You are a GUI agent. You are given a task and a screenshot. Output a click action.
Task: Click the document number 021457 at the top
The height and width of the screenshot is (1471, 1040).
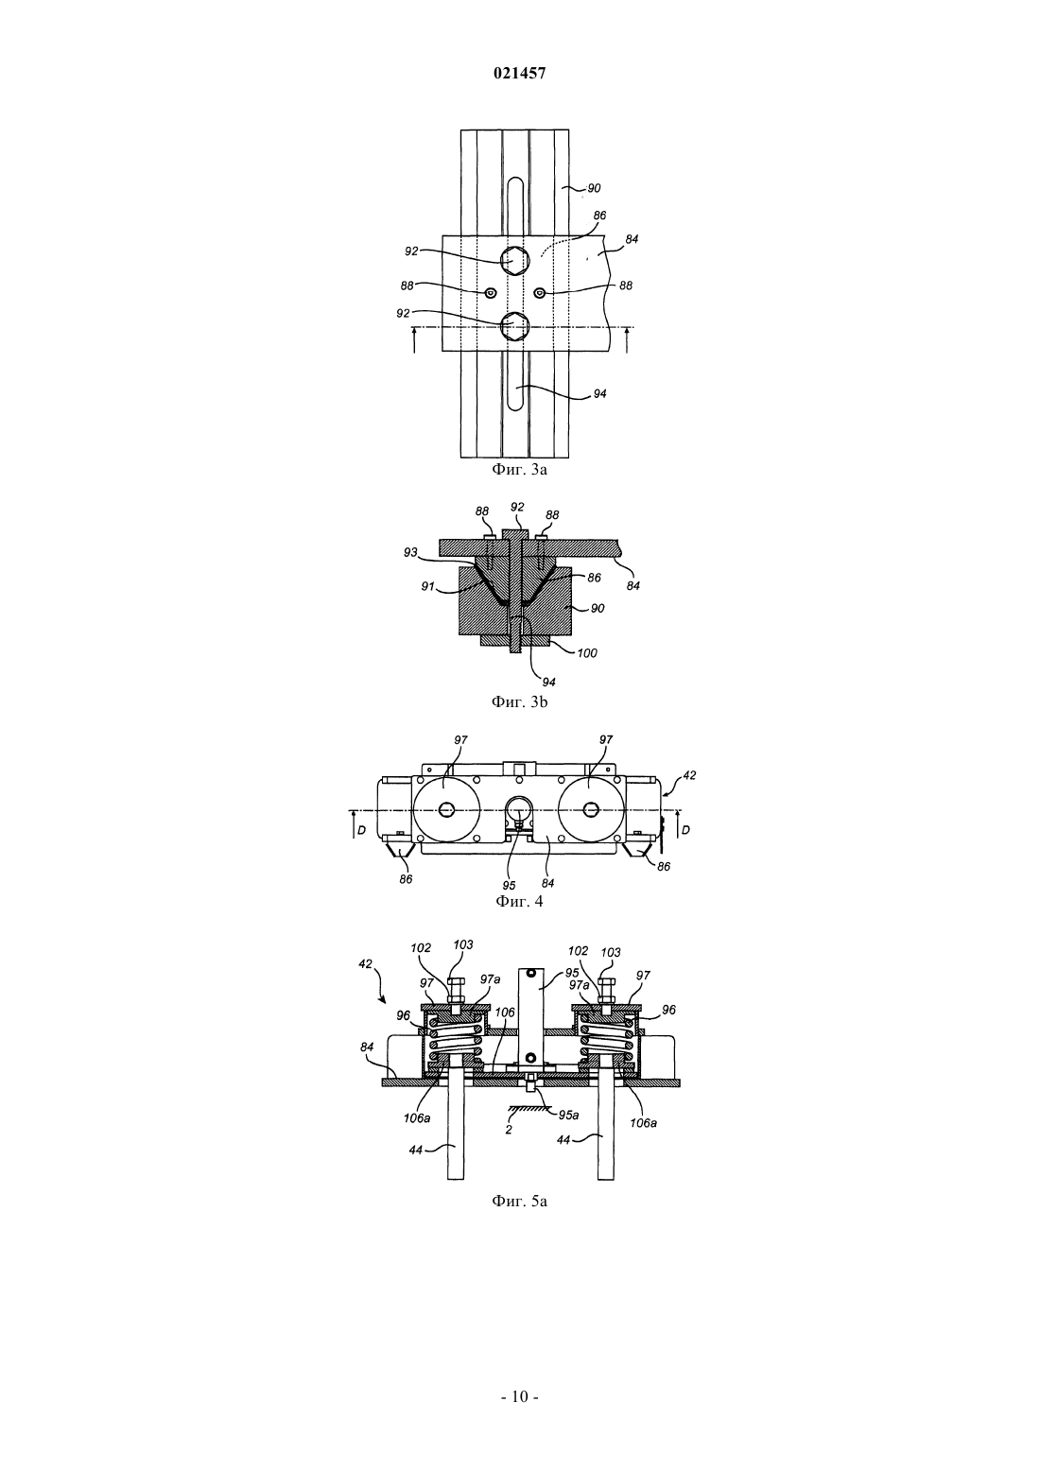pos(519,74)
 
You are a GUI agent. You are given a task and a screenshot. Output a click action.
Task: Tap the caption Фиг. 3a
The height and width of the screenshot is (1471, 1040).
pos(519,470)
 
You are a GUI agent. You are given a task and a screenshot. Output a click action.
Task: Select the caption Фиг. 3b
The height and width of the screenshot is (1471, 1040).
pos(519,702)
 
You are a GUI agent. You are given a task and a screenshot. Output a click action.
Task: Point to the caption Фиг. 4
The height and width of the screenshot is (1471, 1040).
pos(519,901)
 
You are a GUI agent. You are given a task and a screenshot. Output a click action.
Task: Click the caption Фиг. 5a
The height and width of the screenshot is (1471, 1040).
pos(519,1202)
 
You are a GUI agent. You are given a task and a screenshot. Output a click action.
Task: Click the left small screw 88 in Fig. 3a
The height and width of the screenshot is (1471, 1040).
pos(490,293)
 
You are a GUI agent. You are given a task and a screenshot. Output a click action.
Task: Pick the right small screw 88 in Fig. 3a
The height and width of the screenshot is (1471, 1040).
pos(540,292)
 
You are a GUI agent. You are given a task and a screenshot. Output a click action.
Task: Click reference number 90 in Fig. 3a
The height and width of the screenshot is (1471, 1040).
pos(594,188)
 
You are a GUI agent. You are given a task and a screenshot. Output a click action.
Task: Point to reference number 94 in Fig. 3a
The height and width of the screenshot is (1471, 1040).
pos(599,394)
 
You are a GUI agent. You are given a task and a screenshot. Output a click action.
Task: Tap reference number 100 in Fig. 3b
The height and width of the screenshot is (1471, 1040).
pos(587,653)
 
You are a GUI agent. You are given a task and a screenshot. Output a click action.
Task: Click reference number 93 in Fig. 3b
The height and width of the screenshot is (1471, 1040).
pos(410,553)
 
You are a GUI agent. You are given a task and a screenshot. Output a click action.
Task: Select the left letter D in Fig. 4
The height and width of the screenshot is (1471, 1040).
pos(361,831)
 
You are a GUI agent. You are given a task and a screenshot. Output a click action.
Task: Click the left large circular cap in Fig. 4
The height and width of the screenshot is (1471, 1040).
pos(446,810)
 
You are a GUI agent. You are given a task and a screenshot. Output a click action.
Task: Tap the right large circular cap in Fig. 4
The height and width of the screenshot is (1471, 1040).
pos(591,810)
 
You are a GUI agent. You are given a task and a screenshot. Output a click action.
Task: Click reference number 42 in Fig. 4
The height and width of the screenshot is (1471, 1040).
pos(689,775)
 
